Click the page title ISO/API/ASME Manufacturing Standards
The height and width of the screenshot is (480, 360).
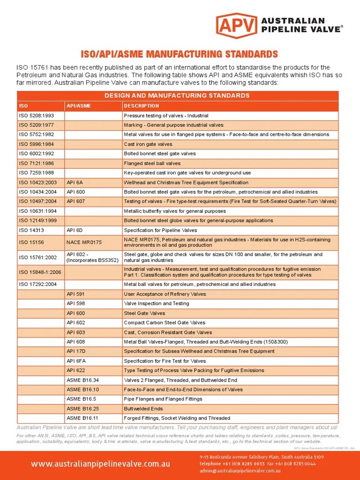pyautogui.click(x=180, y=54)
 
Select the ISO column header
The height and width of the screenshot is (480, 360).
pyautogui.click(x=23, y=106)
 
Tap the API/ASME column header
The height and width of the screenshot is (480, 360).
pyautogui.click(x=79, y=106)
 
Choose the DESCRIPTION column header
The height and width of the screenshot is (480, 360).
pyautogui.click(x=141, y=106)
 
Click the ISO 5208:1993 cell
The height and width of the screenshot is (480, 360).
pyautogui.click(x=36, y=116)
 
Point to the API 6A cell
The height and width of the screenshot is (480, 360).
pyautogui.click(x=75, y=182)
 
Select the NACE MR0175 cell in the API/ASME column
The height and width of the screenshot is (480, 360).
pyautogui.click(x=84, y=242)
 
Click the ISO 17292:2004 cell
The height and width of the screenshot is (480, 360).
pyautogui.click(x=37, y=284)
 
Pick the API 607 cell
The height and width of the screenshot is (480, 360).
pyautogui.click(x=76, y=202)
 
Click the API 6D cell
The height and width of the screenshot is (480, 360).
pyautogui.click(x=75, y=230)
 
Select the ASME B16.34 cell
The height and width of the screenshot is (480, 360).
pyautogui.click(x=82, y=380)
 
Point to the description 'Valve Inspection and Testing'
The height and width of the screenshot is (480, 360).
pyautogui.click(x=156, y=303)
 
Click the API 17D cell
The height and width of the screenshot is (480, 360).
pyautogui.click(x=76, y=351)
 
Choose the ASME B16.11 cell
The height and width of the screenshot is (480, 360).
pyautogui.click(x=82, y=418)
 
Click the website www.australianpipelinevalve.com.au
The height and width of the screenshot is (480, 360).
pyautogui.click(x=100, y=464)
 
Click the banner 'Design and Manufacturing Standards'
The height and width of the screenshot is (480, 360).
pyautogui.click(x=177, y=96)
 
